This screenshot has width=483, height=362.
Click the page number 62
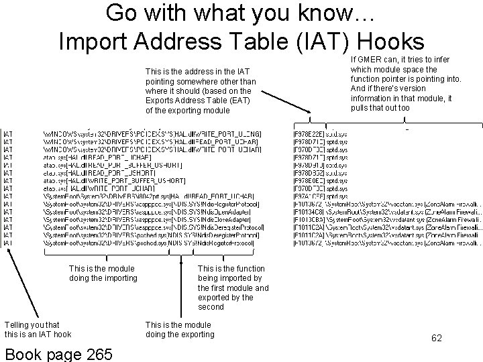pos(437,338)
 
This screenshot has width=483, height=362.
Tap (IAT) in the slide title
pos(323,42)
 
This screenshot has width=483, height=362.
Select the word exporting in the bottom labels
pos(192,334)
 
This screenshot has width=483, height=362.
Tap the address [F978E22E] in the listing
pos(309,134)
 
